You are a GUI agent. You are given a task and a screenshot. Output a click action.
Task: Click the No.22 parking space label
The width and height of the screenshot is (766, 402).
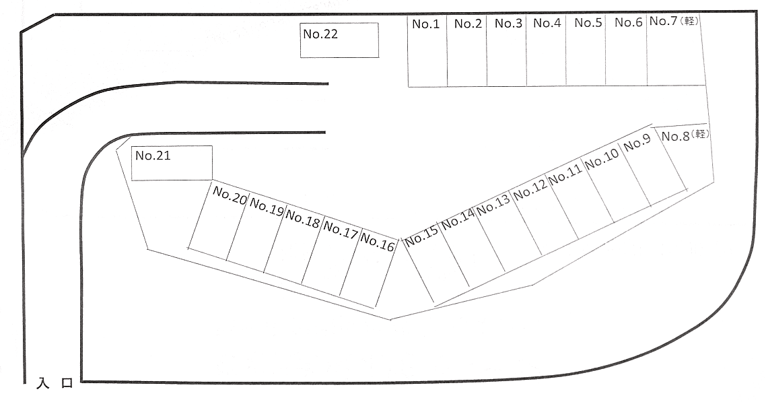[x=320, y=34]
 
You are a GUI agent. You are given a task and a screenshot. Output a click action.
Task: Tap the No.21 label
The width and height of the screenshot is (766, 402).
[x=153, y=156]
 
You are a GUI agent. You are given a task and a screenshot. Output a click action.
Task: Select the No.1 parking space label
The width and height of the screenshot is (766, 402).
[x=426, y=24]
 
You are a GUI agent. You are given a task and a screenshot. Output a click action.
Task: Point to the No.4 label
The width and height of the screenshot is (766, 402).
[x=547, y=23]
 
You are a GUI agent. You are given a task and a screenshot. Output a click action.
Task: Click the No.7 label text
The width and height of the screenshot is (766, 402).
[x=664, y=21]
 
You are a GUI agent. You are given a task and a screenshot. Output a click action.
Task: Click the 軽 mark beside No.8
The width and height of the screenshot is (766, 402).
[x=700, y=134]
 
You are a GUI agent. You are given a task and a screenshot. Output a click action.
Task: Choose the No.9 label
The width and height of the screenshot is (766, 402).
[x=637, y=143]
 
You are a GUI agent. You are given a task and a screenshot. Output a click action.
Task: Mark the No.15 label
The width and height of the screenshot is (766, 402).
[x=422, y=236]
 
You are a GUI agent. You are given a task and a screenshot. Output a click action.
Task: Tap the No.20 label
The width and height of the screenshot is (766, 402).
[x=230, y=195]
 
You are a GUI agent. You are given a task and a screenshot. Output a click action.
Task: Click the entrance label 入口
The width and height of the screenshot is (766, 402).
[x=55, y=383]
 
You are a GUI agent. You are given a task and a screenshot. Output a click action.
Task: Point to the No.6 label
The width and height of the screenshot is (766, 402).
[x=628, y=22]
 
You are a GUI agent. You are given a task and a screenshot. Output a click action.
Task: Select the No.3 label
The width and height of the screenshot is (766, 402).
[x=508, y=23]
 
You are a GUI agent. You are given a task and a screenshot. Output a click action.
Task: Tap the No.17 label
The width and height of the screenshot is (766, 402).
[x=341, y=230]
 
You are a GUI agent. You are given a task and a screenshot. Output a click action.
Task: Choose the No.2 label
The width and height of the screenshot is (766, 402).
[x=468, y=24]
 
